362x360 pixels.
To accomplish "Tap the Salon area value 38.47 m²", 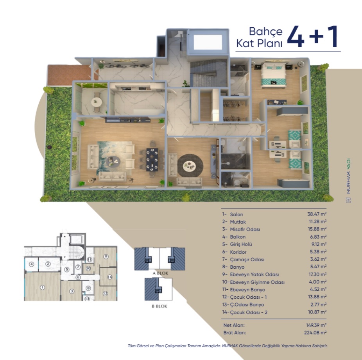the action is point(317,214).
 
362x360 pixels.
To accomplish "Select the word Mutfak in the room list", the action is point(238,222).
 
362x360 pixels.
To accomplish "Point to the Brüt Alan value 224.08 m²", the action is point(315,333).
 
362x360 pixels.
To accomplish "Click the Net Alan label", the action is point(234,325).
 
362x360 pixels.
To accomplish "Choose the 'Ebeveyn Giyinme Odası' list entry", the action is point(253,282).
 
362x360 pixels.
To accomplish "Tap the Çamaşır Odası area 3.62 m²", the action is point(318,259).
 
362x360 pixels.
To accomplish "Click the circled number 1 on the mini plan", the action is point(42,287).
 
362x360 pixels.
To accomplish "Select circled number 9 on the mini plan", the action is point(106,257).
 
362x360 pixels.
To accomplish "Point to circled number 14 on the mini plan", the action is point(110,277).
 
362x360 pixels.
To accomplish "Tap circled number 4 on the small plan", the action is point(31,264).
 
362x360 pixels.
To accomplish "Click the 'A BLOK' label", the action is point(160,273).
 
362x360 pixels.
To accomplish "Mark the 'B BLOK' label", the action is point(159,306).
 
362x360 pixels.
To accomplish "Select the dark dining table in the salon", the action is point(152,160).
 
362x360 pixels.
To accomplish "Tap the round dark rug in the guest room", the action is point(190,166).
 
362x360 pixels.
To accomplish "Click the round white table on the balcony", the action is point(97,102).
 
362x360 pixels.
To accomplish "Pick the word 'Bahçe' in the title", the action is point(266,32).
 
